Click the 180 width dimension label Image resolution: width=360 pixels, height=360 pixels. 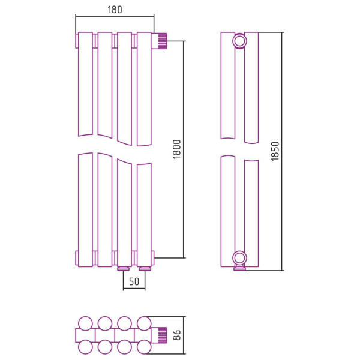115,10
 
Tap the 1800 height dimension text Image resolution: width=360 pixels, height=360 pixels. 177,149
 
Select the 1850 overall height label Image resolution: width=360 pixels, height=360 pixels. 275,151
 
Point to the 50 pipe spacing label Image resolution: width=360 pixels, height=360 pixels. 134,281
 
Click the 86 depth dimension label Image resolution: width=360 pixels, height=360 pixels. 177,335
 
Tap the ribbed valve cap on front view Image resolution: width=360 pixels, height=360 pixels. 163,41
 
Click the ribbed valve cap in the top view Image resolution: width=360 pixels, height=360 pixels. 163,335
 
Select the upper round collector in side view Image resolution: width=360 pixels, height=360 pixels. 239,41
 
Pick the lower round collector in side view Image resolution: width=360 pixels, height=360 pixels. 239,258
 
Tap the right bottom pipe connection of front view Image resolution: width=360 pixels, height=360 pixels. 144,269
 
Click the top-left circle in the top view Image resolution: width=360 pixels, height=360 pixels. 85,323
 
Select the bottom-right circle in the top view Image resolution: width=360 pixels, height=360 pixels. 144,347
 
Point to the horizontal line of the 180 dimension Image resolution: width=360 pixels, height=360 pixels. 115,16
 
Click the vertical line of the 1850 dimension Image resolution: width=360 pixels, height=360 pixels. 282,152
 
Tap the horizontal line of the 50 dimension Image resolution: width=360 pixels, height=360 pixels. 134,289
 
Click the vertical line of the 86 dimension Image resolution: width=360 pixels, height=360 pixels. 184,335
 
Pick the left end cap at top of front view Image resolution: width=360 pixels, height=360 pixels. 77,41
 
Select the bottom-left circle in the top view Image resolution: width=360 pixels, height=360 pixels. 85,347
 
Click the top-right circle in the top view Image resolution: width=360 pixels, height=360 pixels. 144,323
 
